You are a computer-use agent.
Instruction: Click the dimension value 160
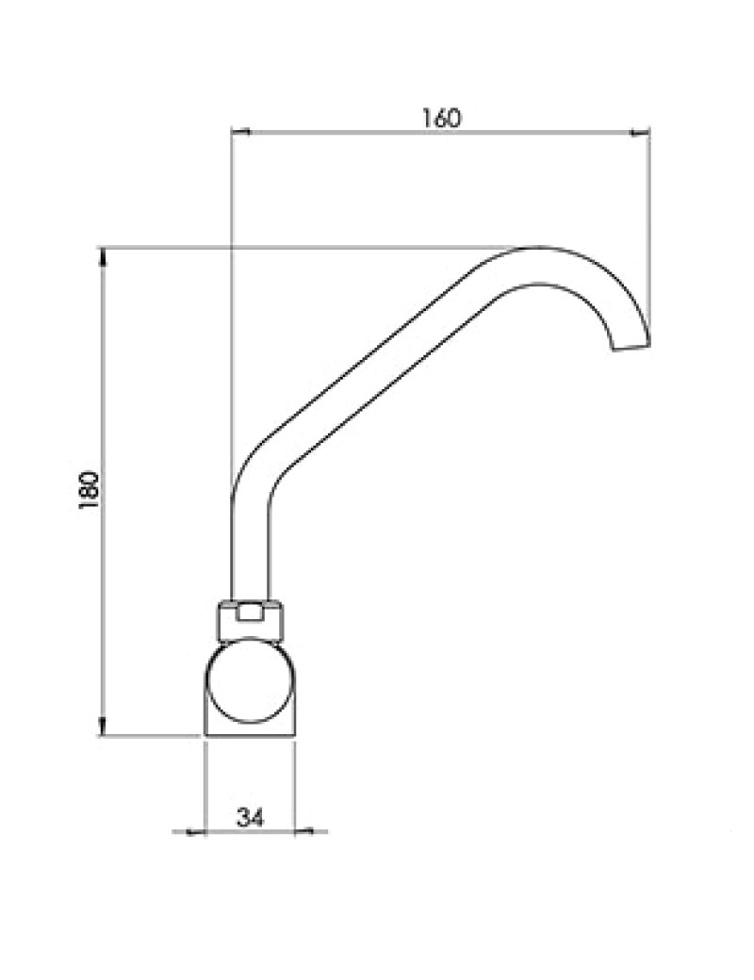click(x=441, y=118)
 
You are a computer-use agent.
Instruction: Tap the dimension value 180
click(x=89, y=491)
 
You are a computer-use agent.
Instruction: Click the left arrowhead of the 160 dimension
click(x=240, y=132)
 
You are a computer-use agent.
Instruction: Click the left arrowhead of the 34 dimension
click(x=196, y=831)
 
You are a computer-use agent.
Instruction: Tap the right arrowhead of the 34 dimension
click(x=303, y=831)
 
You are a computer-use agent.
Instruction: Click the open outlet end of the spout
click(x=631, y=347)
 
